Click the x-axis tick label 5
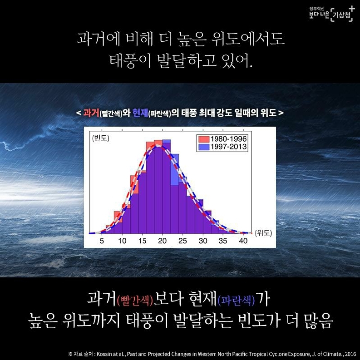[x=102, y=241]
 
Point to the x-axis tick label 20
[x=163, y=241]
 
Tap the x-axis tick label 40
[x=243, y=241]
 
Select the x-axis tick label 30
[x=203, y=241]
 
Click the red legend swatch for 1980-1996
[x=204, y=139]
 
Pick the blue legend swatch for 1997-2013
[x=204, y=147]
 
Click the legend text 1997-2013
[x=229, y=147]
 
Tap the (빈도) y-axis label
[x=101, y=138]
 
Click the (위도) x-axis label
[x=263, y=233]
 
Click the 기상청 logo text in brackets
[x=341, y=15]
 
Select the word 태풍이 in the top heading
[x=130, y=61]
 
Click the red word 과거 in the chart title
[x=91, y=113]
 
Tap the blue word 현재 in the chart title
[x=140, y=113]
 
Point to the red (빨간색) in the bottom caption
[x=135, y=301]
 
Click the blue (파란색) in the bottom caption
[x=236, y=301]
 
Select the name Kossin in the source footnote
[x=104, y=354]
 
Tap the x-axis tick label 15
[x=143, y=241]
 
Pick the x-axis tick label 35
[x=223, y=241]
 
